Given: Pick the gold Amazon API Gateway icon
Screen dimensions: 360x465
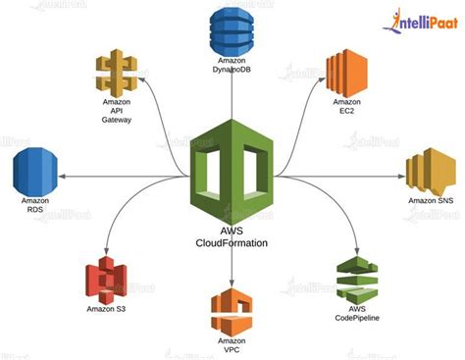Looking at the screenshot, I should point(117,75).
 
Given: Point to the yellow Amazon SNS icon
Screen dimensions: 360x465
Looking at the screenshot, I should point(432,173).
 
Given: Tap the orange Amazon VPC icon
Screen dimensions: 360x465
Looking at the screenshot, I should point(232,311).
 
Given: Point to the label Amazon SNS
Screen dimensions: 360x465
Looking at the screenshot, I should point(431,202).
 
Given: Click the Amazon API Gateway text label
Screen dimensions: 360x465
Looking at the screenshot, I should point(117,110).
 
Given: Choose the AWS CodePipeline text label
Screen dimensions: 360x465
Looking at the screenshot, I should point(357,314).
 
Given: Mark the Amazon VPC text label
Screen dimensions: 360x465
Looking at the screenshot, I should point(232,344).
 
